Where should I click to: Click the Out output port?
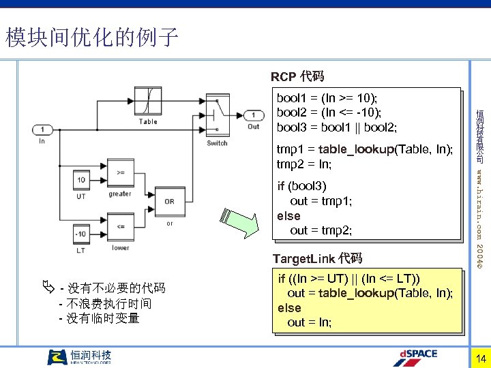point(254,114)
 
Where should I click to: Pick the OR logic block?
point(169,201)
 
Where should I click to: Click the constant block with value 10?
point(82,181)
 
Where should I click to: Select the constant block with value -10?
point(82,234)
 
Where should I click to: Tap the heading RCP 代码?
point(297,76)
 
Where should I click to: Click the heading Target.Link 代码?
point(317,258)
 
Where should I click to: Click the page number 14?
point(480,358)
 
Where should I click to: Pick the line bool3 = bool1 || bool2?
point(337,127)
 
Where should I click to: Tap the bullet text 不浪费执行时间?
point(109,303)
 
